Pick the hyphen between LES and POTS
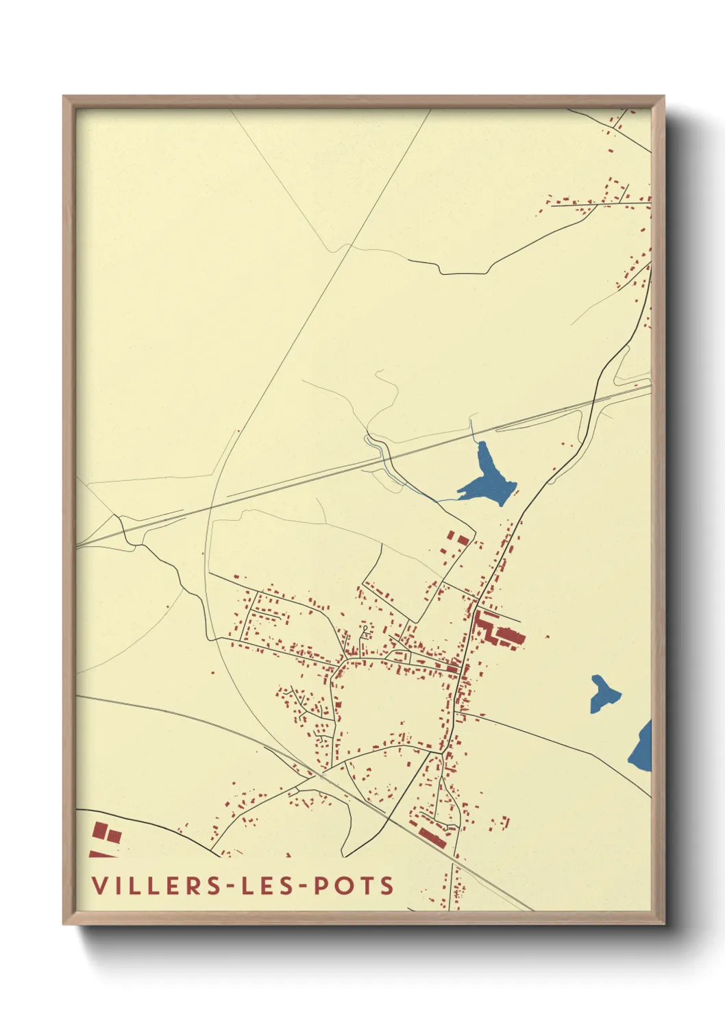click(x=302, y=887)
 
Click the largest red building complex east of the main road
click(x=497, y=630)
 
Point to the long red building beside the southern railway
click(x=432, y=837)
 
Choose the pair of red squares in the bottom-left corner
click(x=106, y=833)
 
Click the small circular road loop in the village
click(x=365, y=628)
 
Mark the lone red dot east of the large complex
click(x=548, y=638)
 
